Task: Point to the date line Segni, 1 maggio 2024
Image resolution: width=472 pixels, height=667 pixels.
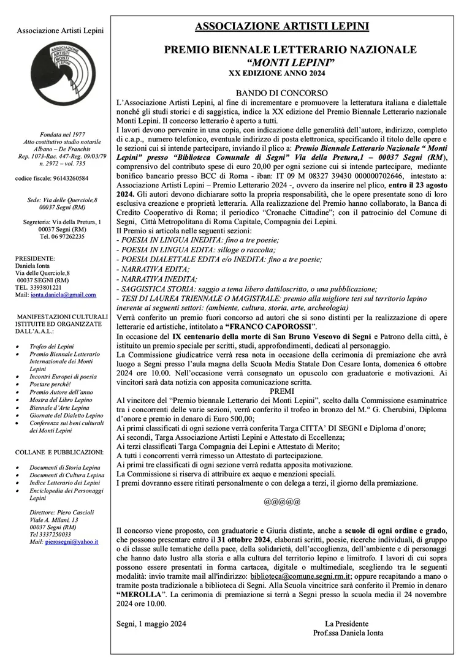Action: [x=151, y=624]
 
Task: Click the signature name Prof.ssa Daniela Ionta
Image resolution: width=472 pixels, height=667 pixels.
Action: [x=348, y=633]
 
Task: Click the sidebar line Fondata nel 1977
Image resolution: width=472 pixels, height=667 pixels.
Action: [x=60, y=134]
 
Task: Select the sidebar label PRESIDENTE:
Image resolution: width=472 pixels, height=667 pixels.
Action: [x=35, y=258]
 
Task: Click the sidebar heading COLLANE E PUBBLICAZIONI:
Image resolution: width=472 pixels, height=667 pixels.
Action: [x=59, y=452]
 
